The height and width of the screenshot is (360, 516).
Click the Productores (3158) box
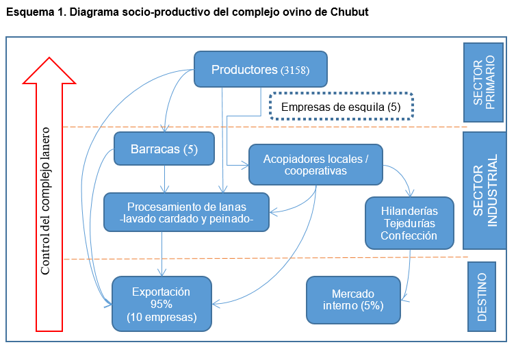click(x=261, y=69)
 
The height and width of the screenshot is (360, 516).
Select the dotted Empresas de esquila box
click(x=341, y=107)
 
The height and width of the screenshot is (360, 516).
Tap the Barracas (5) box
click(x=164, y=149)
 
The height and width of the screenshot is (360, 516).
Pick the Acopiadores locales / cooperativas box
click(x=315, y=164)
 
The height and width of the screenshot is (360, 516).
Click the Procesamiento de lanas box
click(x=186, y=212)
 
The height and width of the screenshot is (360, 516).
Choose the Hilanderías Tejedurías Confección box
click(x=409, y=222)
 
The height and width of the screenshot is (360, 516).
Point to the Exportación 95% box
click(x=162, y=304)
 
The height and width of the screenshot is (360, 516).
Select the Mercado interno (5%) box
click(x=353, y=299)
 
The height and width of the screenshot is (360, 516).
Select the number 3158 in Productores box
click(x=295, y=70)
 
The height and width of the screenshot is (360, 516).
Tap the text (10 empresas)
click(x=162, y=318)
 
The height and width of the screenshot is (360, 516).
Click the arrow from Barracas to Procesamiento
click(x=164, y=179)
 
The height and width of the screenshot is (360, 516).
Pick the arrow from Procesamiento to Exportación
click(x=162, y=253)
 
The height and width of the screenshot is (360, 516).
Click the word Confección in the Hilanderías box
click(x=409, y=235)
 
